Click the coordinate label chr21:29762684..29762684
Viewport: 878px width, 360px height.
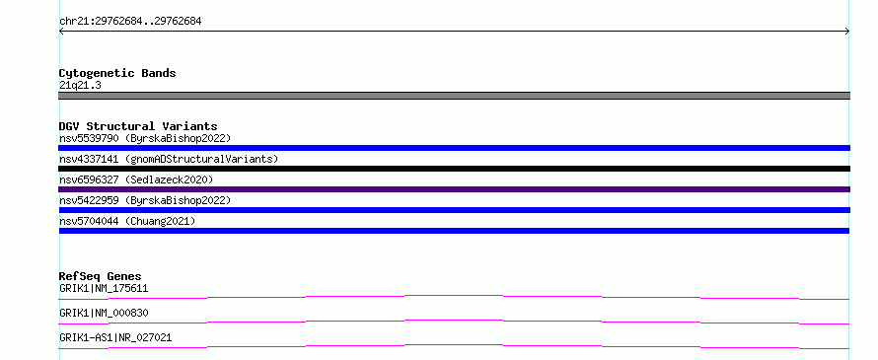(130, 22)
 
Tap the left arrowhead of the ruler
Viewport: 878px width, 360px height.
(61, 32)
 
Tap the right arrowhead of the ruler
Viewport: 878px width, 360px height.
(847, 32)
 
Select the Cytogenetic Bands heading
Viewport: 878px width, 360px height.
(117, 73)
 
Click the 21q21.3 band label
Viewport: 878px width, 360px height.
(80, 86)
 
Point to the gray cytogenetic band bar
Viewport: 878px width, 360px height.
(454, 96)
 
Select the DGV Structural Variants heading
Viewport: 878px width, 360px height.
(138, 126)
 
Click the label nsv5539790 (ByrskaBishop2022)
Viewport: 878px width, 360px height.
(145, 138)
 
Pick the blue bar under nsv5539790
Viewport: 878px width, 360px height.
(454, 148)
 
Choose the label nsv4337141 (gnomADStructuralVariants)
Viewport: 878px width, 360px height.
(169, 159)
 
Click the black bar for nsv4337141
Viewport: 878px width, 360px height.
(454, 169)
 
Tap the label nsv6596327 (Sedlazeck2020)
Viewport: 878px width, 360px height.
(136, 180)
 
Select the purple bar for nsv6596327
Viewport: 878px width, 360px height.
(454, 189)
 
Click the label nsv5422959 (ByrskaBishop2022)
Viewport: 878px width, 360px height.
(145, 200)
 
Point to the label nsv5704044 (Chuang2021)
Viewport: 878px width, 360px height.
(127, 221)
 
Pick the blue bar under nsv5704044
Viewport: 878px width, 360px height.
(454, 231)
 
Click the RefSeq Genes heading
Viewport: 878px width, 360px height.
(101, 276)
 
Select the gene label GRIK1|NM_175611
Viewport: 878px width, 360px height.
(104, 289)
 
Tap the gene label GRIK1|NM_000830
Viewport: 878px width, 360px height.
(104, 313)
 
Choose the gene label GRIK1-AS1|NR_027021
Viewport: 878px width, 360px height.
(115, 337)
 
